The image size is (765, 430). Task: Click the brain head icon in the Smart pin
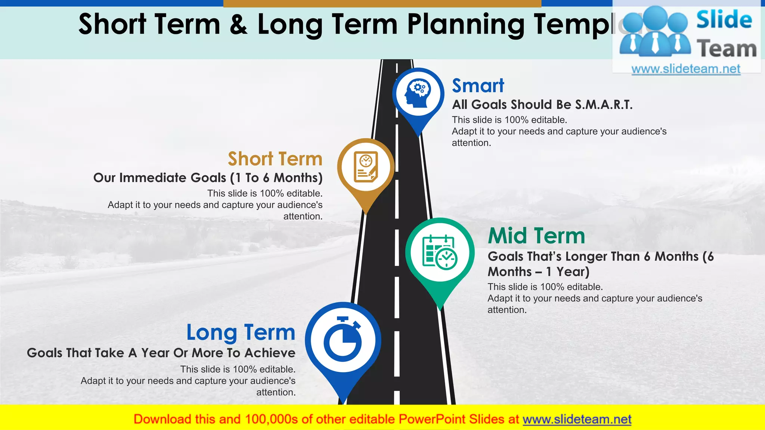click(418, 93)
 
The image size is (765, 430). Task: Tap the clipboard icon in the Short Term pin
click(366, 167)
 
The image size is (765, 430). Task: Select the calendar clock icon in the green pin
click(440, 252)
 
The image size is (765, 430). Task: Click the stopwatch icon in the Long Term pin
click(343, 340)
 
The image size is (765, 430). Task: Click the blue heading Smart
click(478, 86)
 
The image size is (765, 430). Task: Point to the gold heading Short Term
click(275, 159)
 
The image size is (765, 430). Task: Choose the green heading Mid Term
click(536, 236)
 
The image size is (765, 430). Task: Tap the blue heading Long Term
click(241, 332)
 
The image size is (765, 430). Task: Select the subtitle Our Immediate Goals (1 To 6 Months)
click(208, 178)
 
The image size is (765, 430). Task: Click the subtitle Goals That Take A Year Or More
click(161, 353)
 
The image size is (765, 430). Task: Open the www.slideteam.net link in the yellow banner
click(577, 419)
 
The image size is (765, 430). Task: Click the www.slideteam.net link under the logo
click(685, 69)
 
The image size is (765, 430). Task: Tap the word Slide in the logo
click(724, 20)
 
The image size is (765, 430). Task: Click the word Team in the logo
click(726, 49)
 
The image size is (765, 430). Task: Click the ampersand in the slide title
click(238, 24)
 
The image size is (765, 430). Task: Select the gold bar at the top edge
click(382, 3)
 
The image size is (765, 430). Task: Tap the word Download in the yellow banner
click(162, 419)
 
